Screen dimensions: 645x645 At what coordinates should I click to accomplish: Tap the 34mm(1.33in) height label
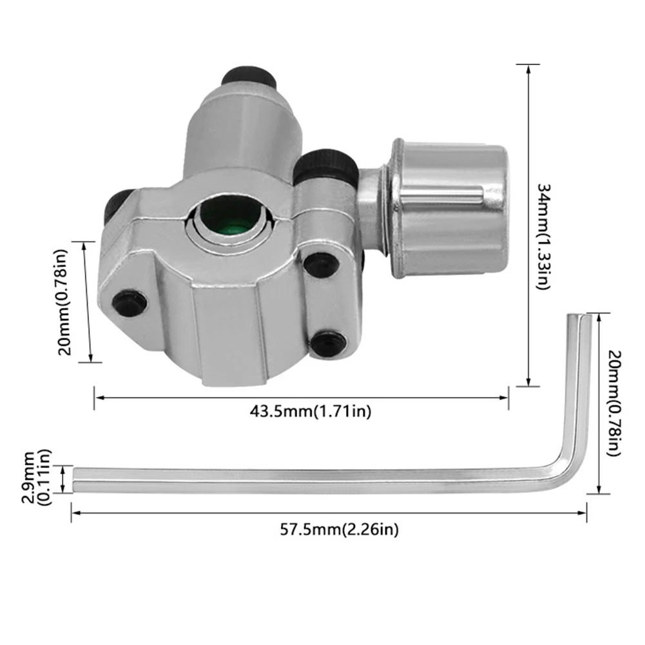click(543, 235)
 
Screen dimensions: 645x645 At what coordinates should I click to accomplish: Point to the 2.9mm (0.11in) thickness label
click(37, 479)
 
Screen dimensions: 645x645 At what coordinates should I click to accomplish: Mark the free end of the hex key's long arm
click(75, 479)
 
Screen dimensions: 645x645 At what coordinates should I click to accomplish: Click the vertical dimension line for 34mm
click(528, 225)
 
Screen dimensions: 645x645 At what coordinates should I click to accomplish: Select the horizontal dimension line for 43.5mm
click(302, 397)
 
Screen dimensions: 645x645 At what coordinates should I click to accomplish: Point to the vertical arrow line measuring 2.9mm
click(63, 479)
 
